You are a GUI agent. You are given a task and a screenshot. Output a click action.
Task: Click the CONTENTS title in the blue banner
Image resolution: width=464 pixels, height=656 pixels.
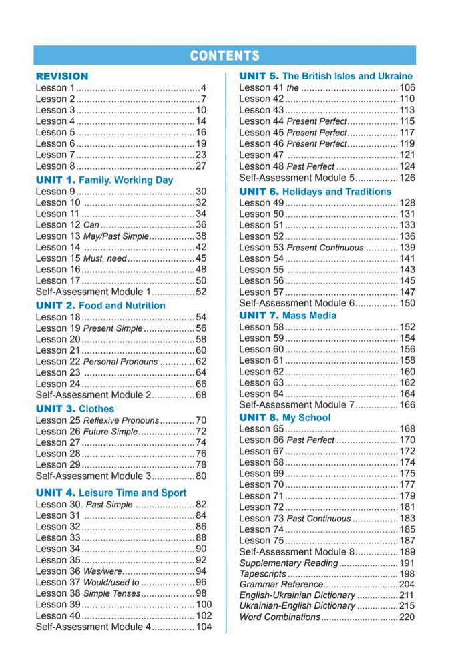coord(224,56)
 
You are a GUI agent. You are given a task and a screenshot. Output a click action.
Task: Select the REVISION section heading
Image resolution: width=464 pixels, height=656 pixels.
coord(61,76)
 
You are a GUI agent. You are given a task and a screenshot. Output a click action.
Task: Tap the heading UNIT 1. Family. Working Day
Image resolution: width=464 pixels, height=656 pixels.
coord(104,180)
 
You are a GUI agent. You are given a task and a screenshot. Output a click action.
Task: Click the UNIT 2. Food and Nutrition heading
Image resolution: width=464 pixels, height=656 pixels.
coord(100,305)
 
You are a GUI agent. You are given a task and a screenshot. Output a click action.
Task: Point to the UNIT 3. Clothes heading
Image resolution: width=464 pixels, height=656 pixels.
coord(75,408)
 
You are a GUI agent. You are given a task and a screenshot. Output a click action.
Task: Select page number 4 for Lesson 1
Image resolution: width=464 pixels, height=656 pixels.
coord(203,88)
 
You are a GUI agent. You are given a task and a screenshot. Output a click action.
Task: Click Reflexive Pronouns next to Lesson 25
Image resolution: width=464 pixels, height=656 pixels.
coord(121,421)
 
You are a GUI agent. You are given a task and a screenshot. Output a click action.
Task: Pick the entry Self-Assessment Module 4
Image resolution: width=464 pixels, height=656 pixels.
coord(93,627)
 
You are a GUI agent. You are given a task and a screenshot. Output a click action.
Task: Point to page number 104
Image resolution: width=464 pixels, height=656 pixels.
coord(204,627)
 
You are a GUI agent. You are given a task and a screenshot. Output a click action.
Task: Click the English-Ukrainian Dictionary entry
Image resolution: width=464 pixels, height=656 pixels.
coord(297,595)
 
